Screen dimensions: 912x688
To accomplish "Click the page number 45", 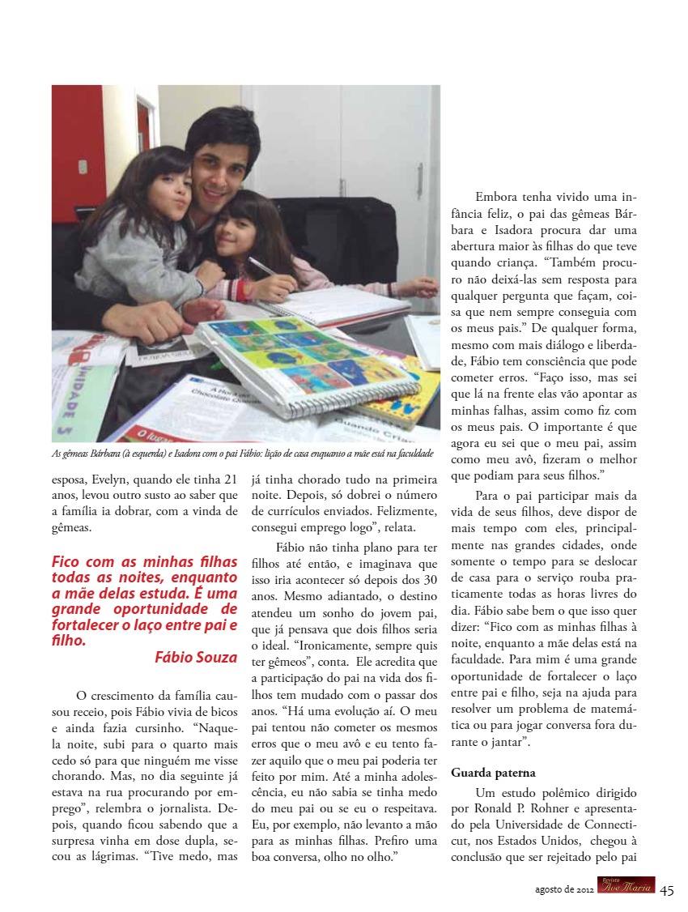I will point(667,889).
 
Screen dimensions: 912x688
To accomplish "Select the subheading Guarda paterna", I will point(494,773).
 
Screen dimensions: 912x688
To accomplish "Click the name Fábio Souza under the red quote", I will point(196,658).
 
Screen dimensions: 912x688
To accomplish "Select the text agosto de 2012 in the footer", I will point(564,889).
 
